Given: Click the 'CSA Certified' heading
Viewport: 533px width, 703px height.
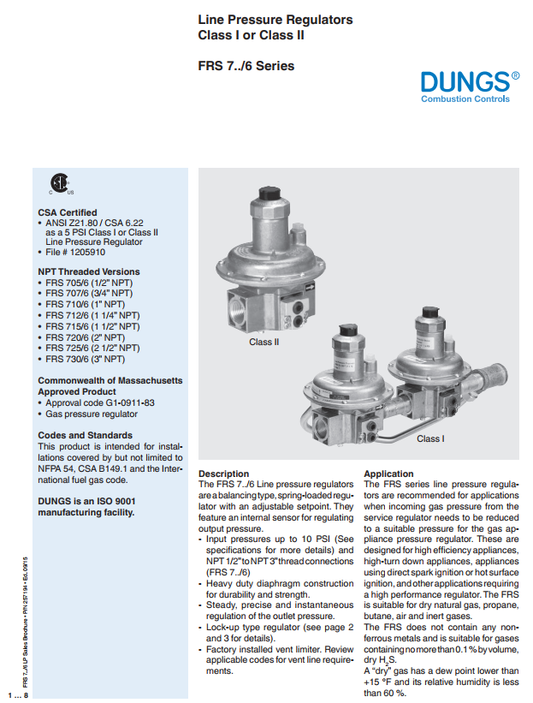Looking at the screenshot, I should coord(68,212).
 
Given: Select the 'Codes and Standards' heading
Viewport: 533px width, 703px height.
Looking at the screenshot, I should coord(85,435).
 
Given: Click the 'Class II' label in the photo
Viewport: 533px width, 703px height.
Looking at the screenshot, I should coord(264,343).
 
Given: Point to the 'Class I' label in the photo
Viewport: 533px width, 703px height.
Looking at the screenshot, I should coord(430,439).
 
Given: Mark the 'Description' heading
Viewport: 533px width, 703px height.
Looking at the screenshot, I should coord(224,474).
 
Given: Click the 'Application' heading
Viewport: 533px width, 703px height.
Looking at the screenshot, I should coord(388,474).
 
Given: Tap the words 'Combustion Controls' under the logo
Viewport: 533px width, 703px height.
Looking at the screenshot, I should coord(465,99).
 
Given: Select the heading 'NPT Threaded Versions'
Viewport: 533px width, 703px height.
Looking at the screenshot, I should coord(89,271).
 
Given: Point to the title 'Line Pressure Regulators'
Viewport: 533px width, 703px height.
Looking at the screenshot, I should coord(275,20).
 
